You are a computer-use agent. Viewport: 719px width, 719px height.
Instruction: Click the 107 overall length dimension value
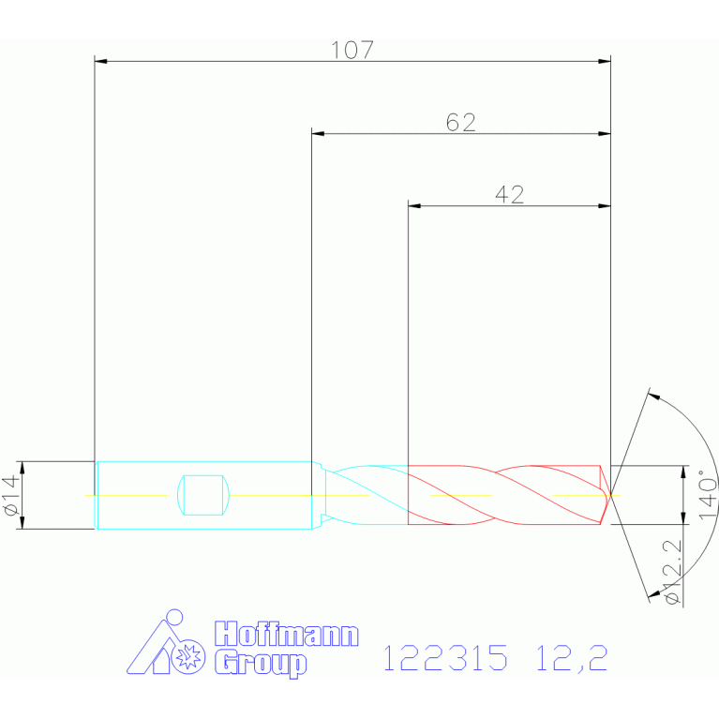(352, 50)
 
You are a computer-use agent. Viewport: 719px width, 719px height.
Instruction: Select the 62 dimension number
(461, 123)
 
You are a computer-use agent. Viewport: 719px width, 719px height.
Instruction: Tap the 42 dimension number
(509, 195)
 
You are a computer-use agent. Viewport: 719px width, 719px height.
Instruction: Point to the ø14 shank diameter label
(11, 495)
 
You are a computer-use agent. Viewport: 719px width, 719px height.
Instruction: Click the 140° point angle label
(708, 494)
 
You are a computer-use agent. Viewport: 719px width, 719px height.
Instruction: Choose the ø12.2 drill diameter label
(673, 572)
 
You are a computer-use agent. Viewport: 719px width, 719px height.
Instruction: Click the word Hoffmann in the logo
(287, 635)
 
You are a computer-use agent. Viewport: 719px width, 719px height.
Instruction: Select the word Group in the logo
(261, 663)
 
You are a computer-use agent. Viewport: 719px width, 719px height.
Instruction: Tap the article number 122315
(445, 657)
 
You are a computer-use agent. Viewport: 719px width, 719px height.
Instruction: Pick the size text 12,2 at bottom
(572, 658)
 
